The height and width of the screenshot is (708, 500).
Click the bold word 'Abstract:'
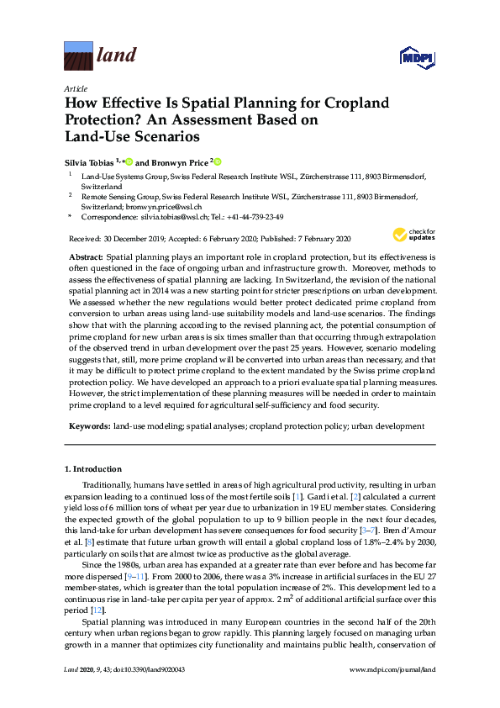point(84,255)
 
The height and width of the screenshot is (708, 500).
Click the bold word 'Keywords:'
point(87,426)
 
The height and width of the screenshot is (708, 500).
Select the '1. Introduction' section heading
point(92,468)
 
